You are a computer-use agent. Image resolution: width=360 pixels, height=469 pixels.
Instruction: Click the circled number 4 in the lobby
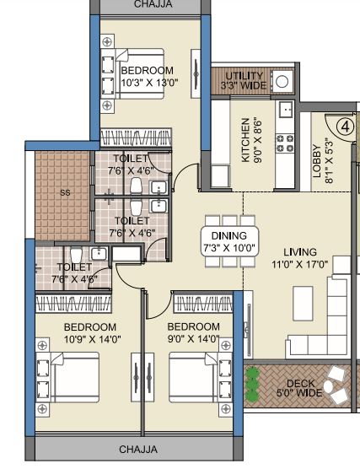[x=345, y=127]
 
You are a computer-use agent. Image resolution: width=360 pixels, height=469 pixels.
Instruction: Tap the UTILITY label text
[x=244, y=76]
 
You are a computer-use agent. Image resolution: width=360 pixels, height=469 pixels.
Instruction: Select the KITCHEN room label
[x=246, y=140]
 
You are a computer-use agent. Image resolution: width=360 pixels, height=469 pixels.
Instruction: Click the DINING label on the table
[x=229, y=235]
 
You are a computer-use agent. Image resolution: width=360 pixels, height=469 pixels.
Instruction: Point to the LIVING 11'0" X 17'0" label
[x=300, y=258]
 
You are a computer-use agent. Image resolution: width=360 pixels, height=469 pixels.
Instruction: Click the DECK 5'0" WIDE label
[x=300, y=388]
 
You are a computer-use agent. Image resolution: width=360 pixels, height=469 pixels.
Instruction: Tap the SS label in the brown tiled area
[x=65, y=192]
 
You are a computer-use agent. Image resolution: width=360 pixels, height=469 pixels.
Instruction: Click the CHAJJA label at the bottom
[x=138, y=450]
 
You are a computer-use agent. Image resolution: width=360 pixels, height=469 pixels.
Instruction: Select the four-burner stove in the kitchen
[x=285, y=143]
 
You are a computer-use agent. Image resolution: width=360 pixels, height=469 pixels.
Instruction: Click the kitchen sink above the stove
[x=286, y=109]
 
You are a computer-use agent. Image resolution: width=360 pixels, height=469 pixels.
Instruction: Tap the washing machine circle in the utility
[x=282, y=81]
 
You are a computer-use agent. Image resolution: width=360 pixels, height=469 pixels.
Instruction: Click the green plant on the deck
[x=253, y=384]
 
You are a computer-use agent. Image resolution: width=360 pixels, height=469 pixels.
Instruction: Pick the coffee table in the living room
[x=303, y=304]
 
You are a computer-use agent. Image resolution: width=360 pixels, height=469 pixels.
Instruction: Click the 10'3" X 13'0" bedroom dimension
[x=149, y=83]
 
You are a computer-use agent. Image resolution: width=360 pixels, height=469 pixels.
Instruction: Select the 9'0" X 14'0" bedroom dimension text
[x=193, y=339]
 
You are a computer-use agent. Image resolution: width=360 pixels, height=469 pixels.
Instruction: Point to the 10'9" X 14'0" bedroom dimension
[x=93, y=339]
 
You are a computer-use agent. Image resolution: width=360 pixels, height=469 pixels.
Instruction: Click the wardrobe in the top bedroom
[x=136, y=137]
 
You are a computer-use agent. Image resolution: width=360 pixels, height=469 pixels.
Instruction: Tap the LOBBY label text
[x=317, y=161]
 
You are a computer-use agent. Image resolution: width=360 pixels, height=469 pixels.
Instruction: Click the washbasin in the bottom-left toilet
[x=99, y=254]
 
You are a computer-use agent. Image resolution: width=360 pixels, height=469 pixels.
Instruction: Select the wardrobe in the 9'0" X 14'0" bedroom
[x=203, y=304]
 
